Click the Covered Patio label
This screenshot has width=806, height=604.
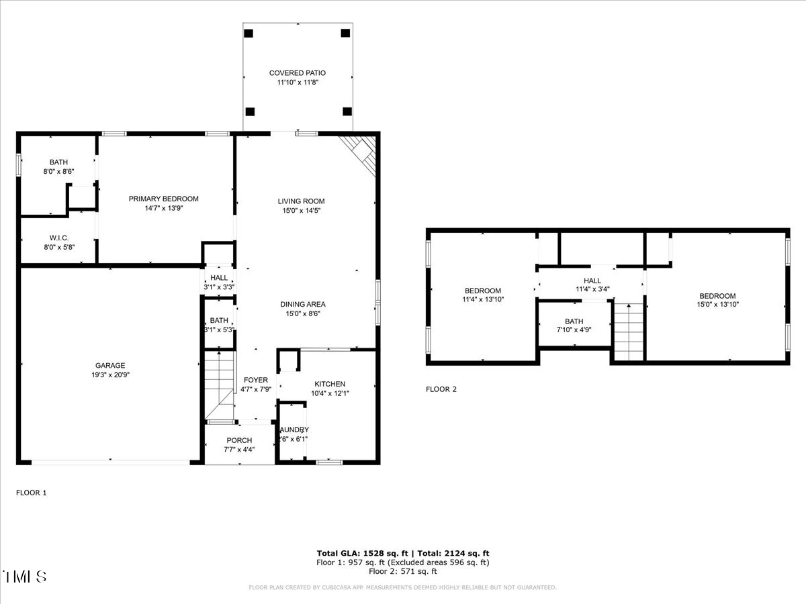pos(298,73)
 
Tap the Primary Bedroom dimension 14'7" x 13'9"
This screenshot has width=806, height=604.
pos(163,209)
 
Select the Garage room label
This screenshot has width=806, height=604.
pos(109,366)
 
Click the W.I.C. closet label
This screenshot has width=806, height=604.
pos(59,238)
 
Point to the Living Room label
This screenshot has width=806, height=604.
pos(301,201)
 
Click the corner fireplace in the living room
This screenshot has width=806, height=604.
pos(360,152)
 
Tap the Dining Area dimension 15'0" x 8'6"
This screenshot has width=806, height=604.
pos(302,313)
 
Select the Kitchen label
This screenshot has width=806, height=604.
pos(329,384)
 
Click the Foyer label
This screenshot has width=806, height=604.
pos(255,380)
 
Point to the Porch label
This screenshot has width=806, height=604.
pos(238,440)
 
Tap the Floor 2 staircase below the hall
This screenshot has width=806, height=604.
pos(629,332)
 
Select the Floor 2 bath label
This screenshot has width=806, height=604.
pos(574,321)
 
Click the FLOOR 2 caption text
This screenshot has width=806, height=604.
pos(441,389)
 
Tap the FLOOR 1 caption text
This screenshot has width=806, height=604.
pos(32,493)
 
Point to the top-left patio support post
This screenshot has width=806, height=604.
pos(249,33)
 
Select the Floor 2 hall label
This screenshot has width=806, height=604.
pos(592,281)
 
